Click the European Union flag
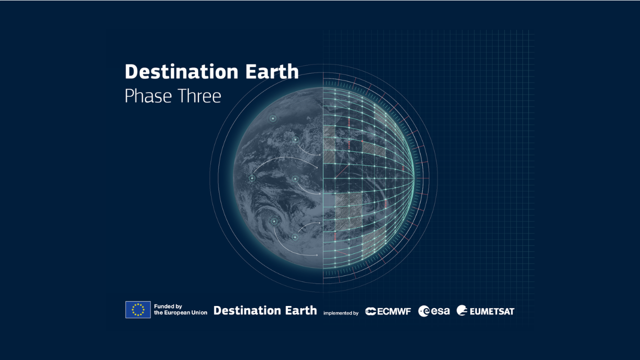point(138,310)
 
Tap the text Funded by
point(168,306)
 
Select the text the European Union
point(180,313)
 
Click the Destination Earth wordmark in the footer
point(265,310)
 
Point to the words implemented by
point(341,313)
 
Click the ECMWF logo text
point(394,311)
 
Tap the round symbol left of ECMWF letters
point(370,311)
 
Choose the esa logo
point(434,311)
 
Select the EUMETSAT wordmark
point(491,311)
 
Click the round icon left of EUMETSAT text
point(462,311)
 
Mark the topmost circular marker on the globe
point(273,118)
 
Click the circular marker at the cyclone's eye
point(274,221)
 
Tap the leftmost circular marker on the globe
point(252,178)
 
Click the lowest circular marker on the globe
point(295,237)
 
